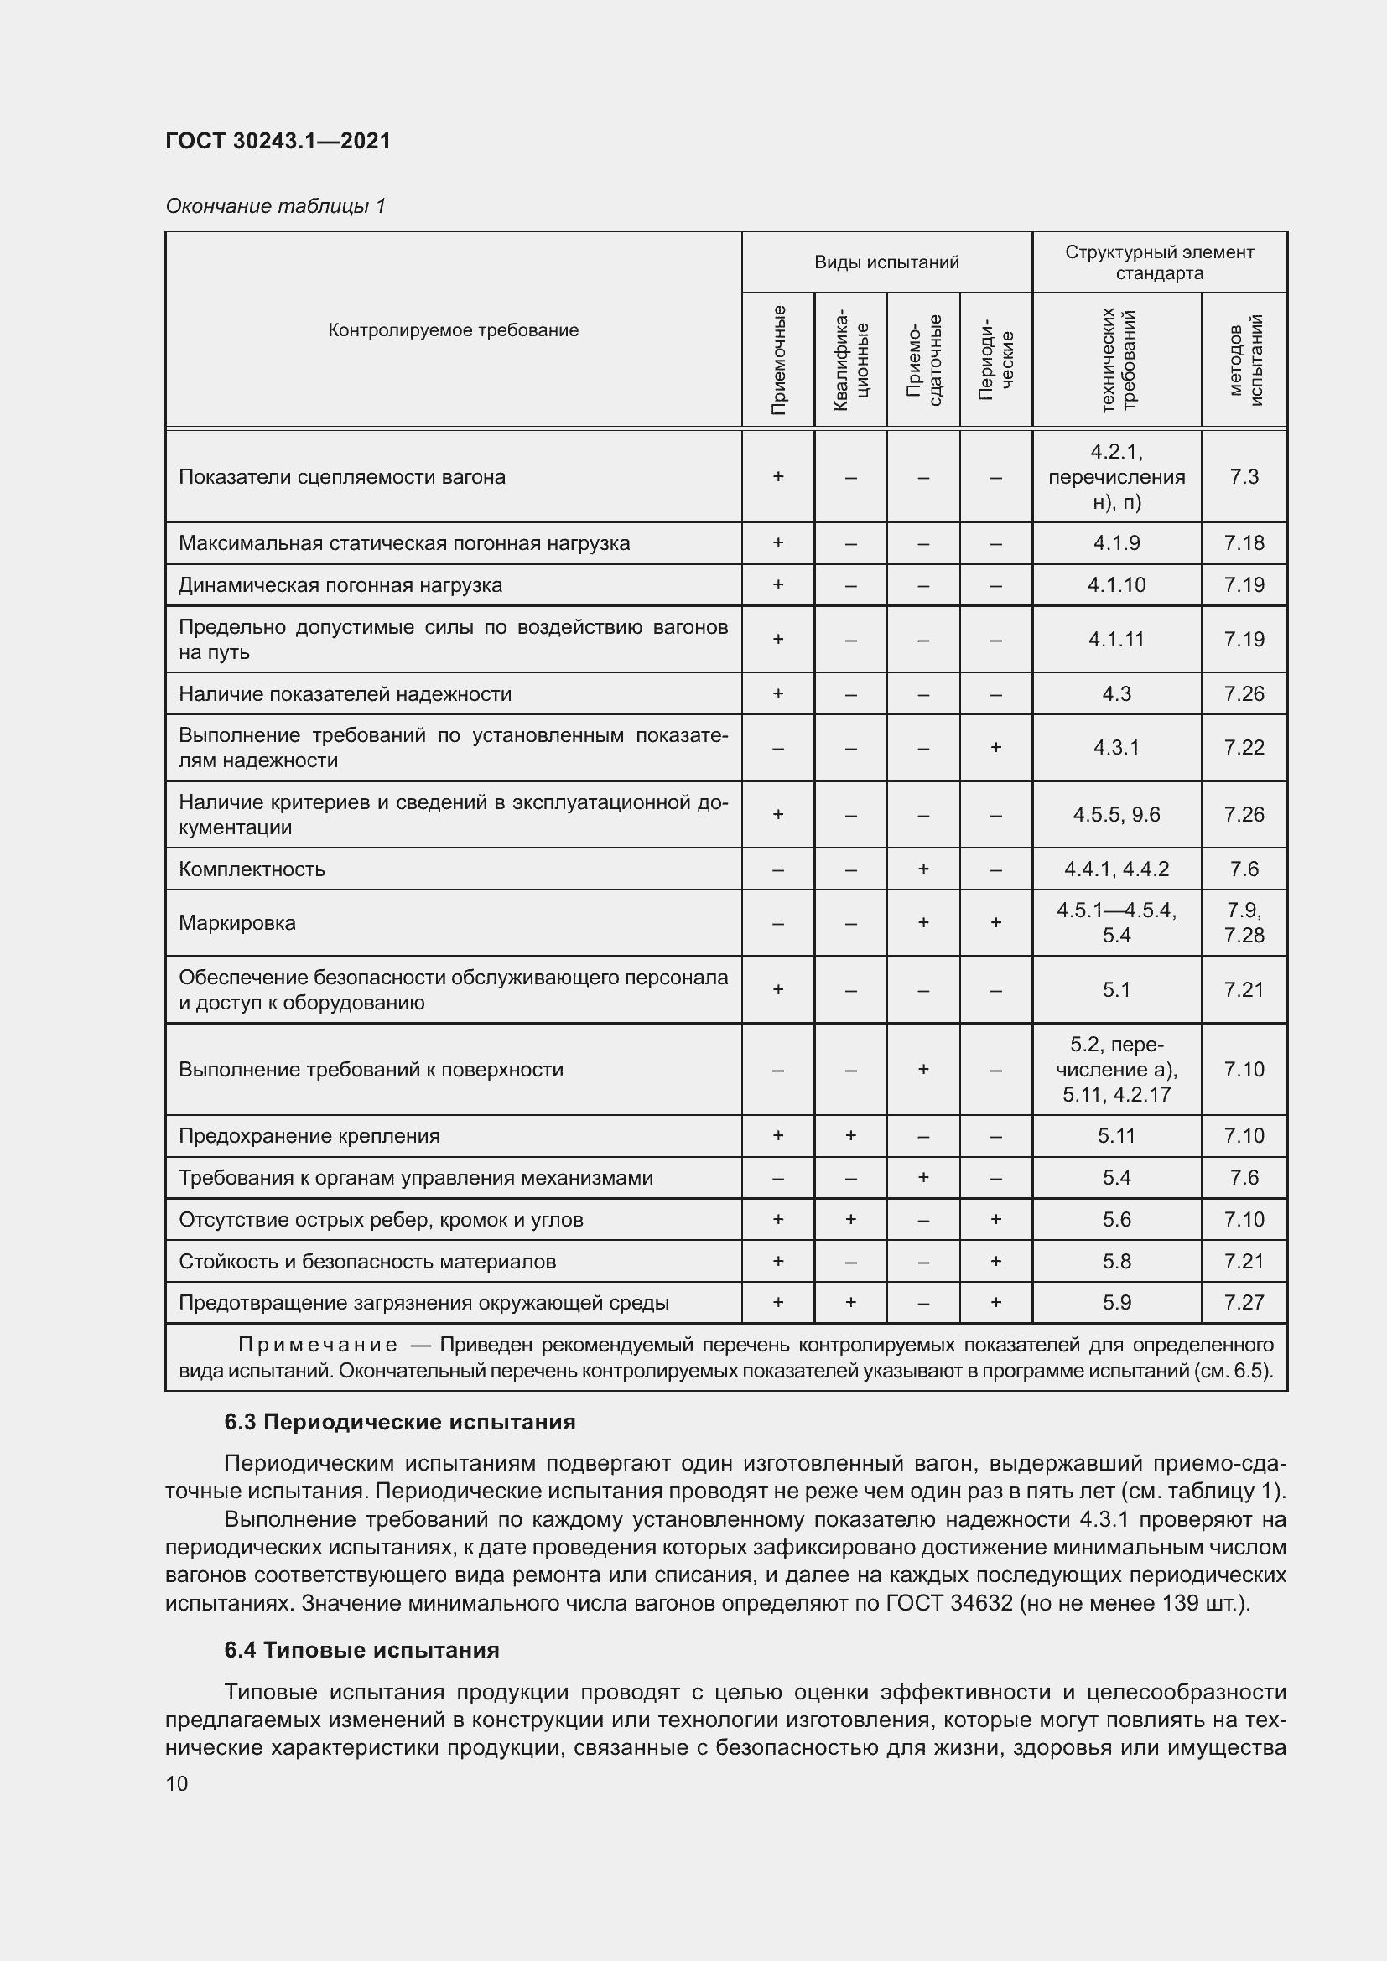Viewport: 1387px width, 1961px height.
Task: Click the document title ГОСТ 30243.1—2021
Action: (278, 141)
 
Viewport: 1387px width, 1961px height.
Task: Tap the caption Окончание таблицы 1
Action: (275, 206)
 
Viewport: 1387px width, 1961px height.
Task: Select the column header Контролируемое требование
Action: (453, 330)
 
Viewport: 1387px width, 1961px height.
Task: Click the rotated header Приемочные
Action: (778, 360)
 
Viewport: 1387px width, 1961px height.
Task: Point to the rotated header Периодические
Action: (996, 360)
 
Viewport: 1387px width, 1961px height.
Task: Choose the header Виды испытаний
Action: (886, 262)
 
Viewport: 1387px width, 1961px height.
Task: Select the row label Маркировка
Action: (236, 923)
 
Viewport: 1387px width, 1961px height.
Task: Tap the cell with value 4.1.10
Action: (1116, 585)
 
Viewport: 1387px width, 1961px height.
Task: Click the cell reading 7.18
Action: (1244, 543)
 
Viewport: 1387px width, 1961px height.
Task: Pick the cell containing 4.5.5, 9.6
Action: (1116, 815)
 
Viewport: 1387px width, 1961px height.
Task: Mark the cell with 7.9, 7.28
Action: (1244, 922)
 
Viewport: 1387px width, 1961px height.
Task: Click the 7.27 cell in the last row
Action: (1244, 1303)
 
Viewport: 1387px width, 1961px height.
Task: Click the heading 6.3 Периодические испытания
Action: (400, 1422)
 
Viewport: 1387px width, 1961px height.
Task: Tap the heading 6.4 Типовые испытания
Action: (361, 1650)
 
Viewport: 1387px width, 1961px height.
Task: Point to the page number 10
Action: (177, 1783)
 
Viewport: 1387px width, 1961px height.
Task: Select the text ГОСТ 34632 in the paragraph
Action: (949, 1603)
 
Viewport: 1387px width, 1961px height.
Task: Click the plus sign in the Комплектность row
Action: (923, 869)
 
